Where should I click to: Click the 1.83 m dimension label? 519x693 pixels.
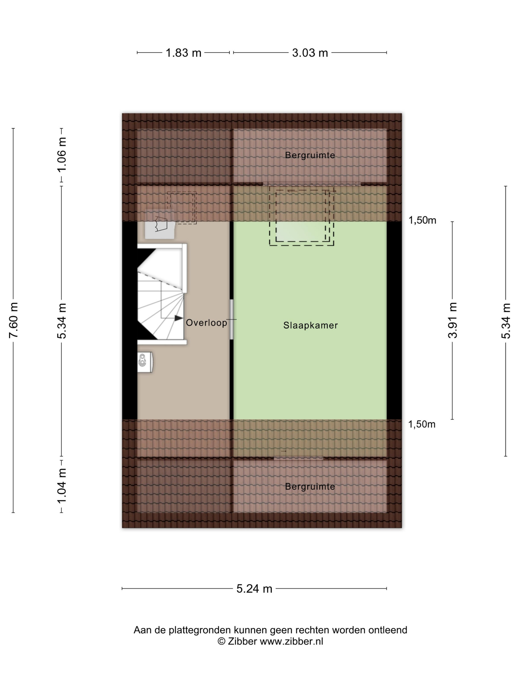(183, 53)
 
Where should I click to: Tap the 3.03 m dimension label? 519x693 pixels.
(310, 53)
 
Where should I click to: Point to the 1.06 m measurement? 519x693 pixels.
(62, 154)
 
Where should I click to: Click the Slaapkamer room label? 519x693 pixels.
(311, 325)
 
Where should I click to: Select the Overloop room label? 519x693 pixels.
(206, 323)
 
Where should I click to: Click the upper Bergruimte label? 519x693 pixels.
(310, 155)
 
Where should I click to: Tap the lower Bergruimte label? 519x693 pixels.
(310, 487)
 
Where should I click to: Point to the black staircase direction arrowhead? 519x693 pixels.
(179, 318)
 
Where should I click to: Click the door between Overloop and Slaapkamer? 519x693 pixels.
(232, 319)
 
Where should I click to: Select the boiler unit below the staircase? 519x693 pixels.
(145, 362)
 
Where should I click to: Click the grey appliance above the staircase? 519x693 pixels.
(160, 224)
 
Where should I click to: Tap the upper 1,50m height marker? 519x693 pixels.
(422, 220)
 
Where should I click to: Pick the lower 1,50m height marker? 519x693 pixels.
(422, 424)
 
